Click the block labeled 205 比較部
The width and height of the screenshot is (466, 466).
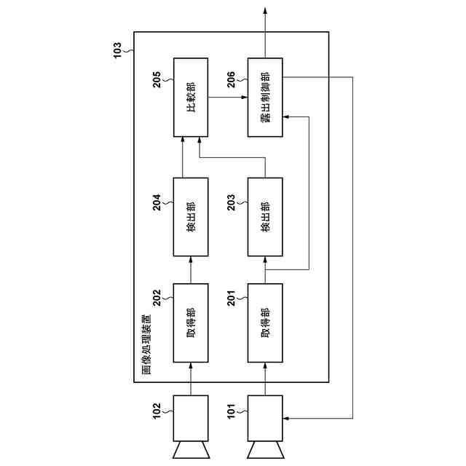pyautogui.click(x=191, y=97)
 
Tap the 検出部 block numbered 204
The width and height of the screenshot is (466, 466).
pyautogui.click(x=191, y=216)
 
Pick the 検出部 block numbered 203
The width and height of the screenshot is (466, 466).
pyautogui.click(x=265, y=216)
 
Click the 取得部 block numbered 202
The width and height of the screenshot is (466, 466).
pyautogui.click(x=191, y=323)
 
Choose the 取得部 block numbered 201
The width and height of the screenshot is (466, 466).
pyautogui.click(x=265, y=323)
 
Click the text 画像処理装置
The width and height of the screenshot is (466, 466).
pyautogui.click(x=147, y=346)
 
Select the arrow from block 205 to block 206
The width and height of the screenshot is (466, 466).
pyautogui.click(x=227, y=97)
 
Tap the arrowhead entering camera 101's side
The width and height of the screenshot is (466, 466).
pyautogui.click(x=286, y=419)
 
